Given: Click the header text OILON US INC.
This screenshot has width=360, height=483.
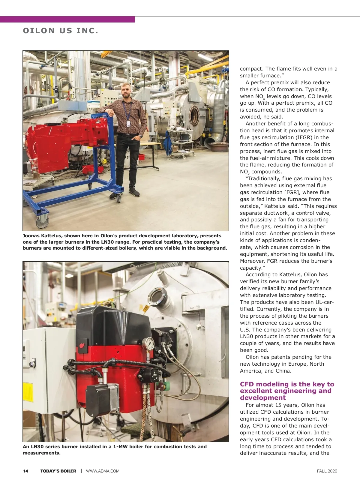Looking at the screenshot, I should click(x=61, y=31).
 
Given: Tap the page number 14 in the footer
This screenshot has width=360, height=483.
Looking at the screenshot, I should click(x=26, y=471).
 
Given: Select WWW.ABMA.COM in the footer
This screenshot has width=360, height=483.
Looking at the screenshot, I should click(x=103, y=471).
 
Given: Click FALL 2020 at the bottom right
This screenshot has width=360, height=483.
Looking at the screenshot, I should click(x=327, y=471).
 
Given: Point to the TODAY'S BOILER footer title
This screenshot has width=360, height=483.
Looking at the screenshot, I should click(x=58, y=471).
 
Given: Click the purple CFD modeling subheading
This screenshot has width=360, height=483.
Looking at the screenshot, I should click(x=287, y=391).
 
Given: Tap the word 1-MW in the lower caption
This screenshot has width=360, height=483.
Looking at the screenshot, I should click(x=121, y=447).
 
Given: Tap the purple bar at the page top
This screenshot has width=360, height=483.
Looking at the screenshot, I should click(x=67, y=19).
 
